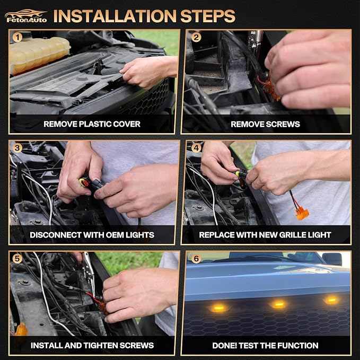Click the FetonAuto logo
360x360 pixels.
26,16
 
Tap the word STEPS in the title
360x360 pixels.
208,16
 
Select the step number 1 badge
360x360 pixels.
17,37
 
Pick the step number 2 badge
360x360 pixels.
196,37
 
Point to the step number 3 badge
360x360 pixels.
17,148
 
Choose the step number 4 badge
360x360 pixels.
196,148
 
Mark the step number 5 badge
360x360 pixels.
17,259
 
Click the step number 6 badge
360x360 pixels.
196,259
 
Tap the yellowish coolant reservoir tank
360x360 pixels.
39,55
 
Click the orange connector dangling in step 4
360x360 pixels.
302,214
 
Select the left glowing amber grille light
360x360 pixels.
219,308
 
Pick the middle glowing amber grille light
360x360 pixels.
279,304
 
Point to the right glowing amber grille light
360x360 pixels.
331,300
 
